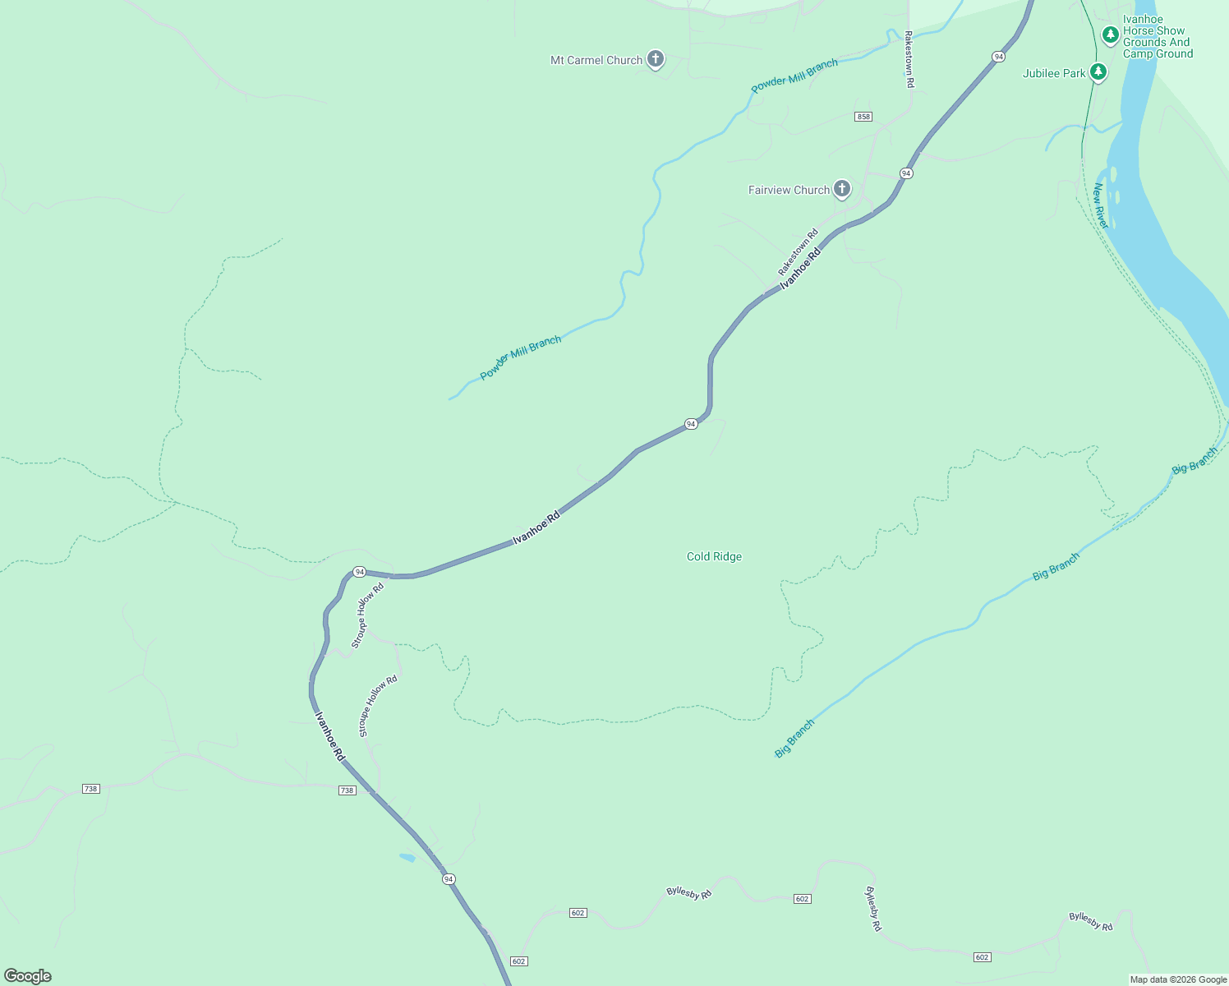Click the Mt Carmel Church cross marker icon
655,59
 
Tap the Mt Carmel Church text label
596,60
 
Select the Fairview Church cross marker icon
841,189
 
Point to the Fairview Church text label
789,190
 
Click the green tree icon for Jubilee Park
1098,72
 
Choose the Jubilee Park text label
1054,73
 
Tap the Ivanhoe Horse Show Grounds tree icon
1110,35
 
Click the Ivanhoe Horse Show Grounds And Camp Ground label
1158,36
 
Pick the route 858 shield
863,117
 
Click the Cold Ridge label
714,556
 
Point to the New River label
1101,206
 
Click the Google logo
28,975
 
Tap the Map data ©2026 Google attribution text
1178,979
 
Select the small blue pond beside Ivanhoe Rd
407,858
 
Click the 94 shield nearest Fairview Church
905,173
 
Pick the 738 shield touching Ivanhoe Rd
347,790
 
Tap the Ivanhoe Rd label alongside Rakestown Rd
800,268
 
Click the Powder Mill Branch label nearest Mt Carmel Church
794,76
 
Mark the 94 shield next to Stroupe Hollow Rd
359,571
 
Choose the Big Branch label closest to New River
1194,461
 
